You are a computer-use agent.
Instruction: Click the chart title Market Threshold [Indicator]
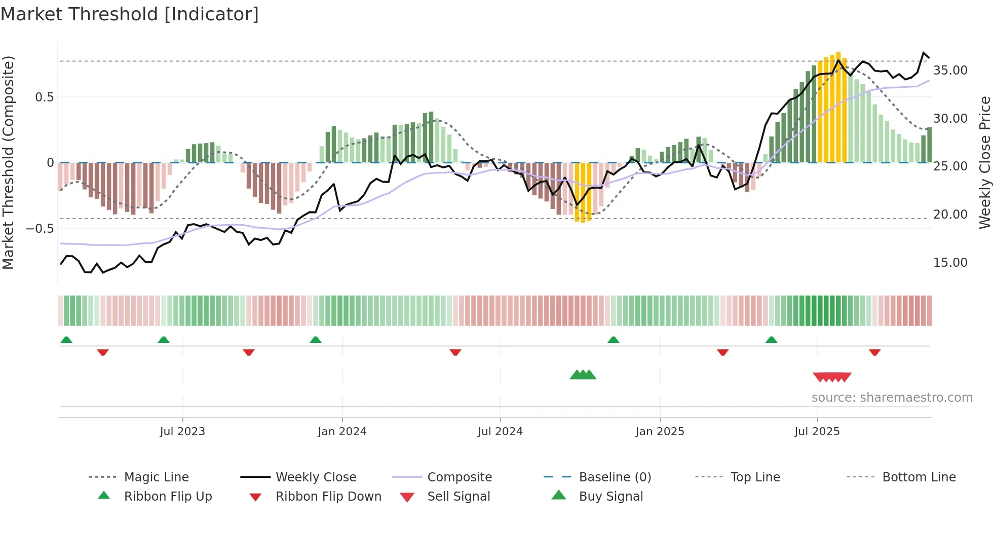(x=130, y=14)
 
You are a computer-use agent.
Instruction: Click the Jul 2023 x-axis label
(x=182, y=432)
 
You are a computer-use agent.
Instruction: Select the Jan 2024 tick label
(x=342, y=432)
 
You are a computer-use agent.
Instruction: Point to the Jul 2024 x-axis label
(x=500, y=432)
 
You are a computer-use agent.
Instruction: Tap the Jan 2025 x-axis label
(x=660, y=432)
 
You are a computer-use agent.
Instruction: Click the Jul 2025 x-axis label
(x=817, y=432)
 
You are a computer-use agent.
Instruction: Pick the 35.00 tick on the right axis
(x=950, y=71)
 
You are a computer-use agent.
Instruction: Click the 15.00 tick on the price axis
(x=950, y=263)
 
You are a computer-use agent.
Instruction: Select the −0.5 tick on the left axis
(x=40, y=229)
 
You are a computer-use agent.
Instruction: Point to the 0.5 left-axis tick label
(x=44, y=97)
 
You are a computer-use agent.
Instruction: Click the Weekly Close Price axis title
(x=984, y=162)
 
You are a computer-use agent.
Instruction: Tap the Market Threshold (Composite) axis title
(x=8, y=162)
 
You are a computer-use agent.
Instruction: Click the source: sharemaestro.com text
(x=892, y=398)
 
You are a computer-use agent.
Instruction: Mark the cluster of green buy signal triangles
(x=583, y=375)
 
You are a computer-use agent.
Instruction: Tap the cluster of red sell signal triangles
(x=832, y=377)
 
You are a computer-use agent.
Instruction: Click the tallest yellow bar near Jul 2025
(x=838, y=107)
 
